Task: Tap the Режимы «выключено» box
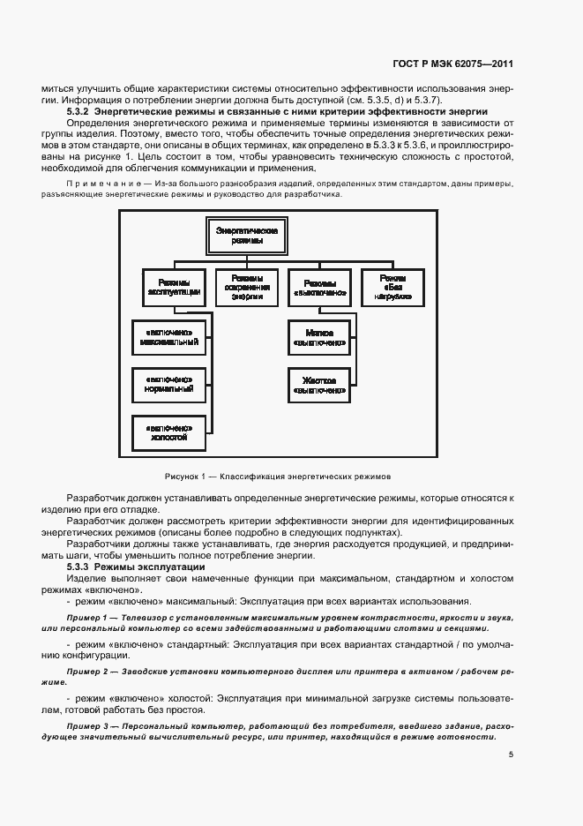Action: [x=319, y=284]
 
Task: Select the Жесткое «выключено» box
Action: [x=318, y=382]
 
